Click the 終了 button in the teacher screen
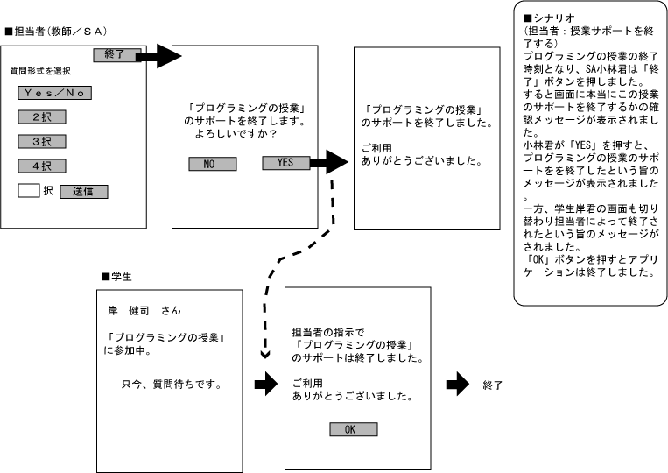[115, 54]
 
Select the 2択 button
[42, 116]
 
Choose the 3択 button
[42, 141]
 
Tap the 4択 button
[42, 165]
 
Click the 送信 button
[84, 191]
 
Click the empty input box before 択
[30, 190]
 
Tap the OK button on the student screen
[353, 429]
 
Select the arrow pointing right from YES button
[329, 162]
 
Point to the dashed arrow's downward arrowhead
[265, 354]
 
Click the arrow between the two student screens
[265, 385]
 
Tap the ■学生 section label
[116, 276]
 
